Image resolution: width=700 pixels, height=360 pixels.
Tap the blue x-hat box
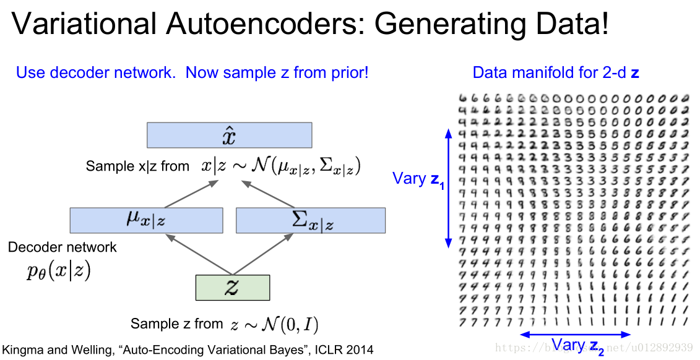[229, 135]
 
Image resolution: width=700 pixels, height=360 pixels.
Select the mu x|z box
[146, 220]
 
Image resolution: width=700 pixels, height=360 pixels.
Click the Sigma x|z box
[310, 220]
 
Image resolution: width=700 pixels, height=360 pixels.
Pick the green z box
[233, 288]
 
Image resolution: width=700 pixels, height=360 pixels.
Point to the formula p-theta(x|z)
[59, 272]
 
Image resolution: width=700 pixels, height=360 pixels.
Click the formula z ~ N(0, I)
[274, 324]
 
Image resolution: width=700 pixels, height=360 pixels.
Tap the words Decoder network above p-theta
[62, 247]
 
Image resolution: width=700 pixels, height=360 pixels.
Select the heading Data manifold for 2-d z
[555, 72]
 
